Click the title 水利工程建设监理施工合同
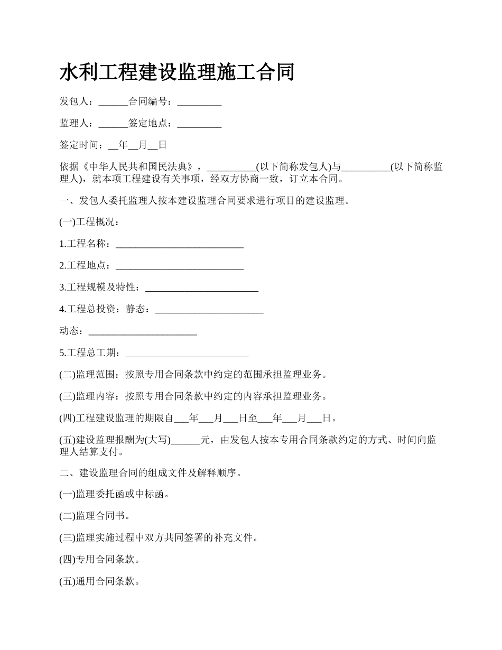click(176, 72)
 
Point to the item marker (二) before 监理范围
click(67, 375)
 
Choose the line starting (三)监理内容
click(192, 396)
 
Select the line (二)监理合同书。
click(95, 516)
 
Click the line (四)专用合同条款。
click(99, 560)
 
